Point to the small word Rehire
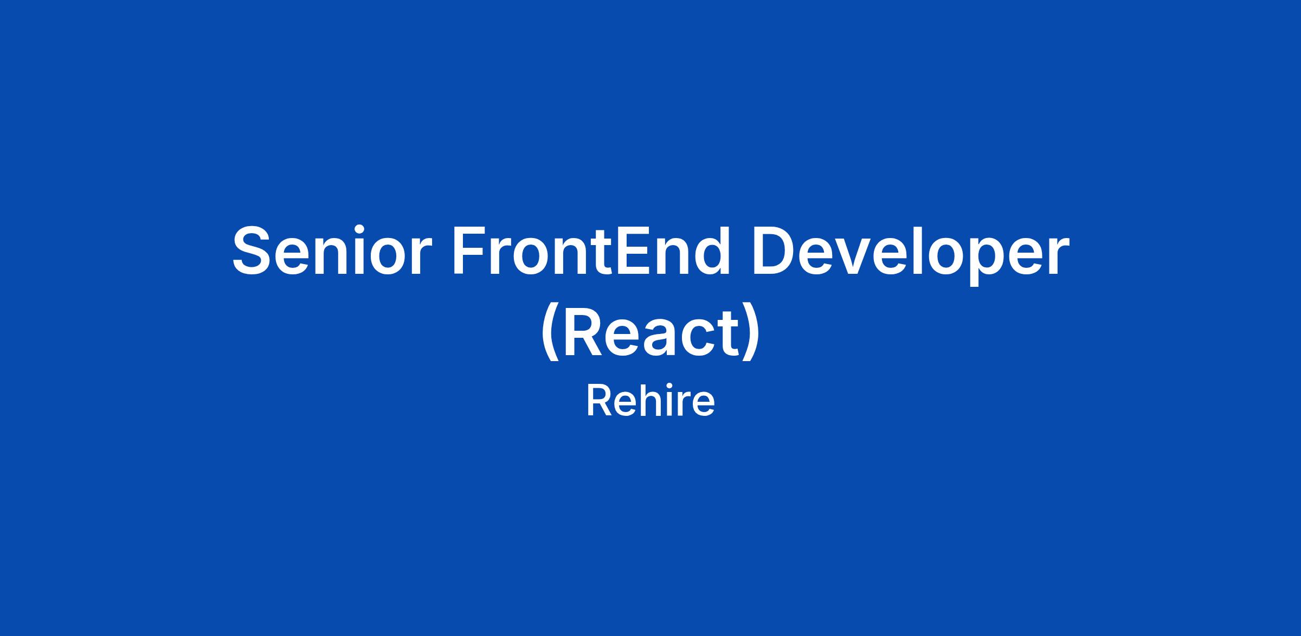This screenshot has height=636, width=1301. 650,401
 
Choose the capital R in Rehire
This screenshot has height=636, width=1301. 598,401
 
